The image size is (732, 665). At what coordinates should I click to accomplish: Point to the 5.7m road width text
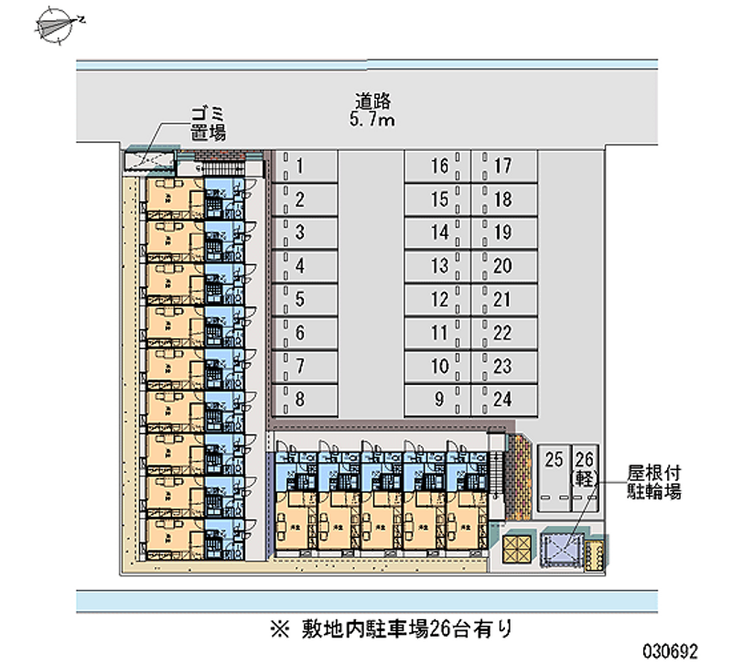(371, 121)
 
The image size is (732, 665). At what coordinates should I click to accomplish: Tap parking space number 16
(440, 166)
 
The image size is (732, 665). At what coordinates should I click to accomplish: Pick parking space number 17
(502, 166)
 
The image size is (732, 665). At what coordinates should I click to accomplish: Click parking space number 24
(502, 399)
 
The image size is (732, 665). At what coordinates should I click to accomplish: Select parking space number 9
(440, 399)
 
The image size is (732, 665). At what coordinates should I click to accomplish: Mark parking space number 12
(440, 300)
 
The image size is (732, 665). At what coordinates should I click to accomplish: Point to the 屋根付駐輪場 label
(654, 482)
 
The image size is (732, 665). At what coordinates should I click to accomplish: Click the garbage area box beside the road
(150, 162)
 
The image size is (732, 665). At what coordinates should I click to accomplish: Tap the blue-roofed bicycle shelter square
(561, 550)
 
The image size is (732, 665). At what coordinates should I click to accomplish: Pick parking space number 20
(502, 266)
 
